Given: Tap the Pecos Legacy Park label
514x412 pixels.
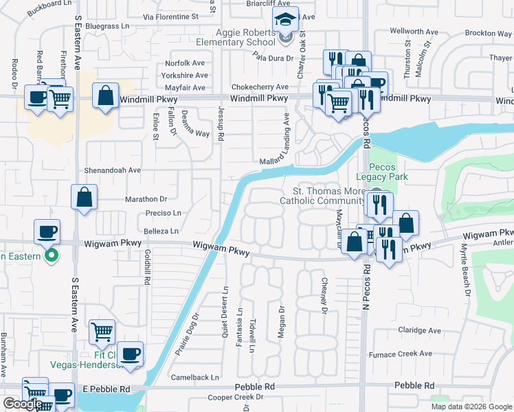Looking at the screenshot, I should coord(388,172).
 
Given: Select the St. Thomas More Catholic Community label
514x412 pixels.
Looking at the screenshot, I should coord(322,196).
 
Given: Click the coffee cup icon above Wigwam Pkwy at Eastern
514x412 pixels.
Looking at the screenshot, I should coord(47,231).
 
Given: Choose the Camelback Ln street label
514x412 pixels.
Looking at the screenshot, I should coord(195,377).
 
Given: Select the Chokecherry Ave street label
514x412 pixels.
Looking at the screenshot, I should coord(260,87).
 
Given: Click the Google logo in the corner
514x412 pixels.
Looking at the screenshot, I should coord(23,404).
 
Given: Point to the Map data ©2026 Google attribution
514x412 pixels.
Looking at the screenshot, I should coord(471,407).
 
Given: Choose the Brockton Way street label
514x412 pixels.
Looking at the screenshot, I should coord(488,33).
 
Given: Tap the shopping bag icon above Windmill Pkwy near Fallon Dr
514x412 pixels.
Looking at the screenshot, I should coord(106,96).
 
